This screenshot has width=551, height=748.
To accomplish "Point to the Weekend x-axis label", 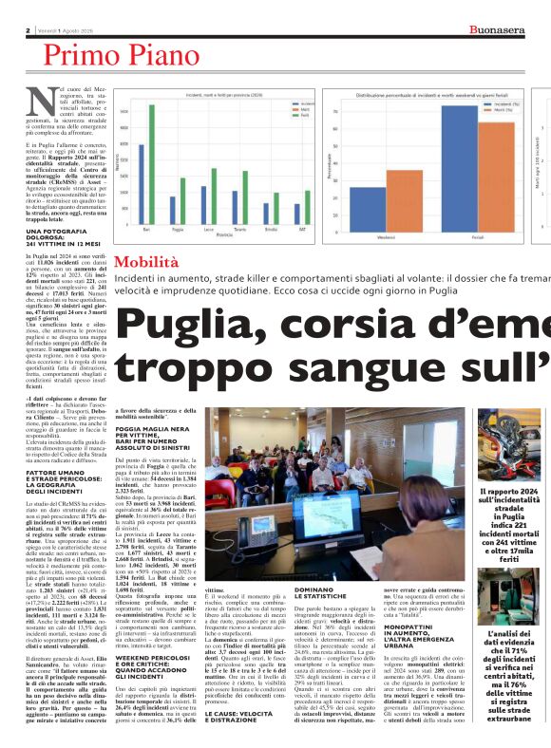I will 387,236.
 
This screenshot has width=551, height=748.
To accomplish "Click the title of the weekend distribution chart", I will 433,96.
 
